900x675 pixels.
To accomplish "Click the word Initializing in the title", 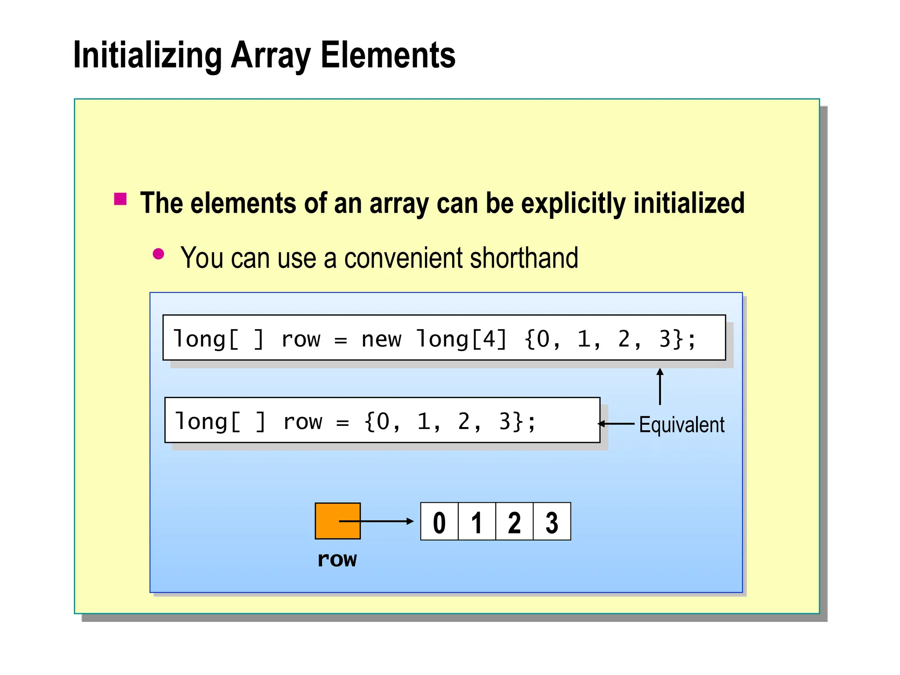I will click(x=147, y=56).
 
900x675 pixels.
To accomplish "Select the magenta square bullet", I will click(x=120, y=199).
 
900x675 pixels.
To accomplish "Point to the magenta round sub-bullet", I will click(x=158, y=254).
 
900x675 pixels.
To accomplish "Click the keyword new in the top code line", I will click(x=381, y=339).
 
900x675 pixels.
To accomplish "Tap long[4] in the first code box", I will click(x=461, y=339).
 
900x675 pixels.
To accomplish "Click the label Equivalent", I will click(x=681, y=425).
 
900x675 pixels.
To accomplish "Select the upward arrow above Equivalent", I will click(x=660, y=386).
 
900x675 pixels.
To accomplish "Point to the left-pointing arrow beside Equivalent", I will click(x=616, y=424).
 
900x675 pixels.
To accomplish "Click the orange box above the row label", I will click(x=337, y=521).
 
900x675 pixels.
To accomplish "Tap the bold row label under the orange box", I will click(x=337, y=559).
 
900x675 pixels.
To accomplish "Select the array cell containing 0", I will click(x=439, y=522).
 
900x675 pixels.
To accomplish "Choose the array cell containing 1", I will click(x=477, y=522).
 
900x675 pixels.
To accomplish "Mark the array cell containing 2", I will click(x=514, y=522).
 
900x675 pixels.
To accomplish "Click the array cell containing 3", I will click(x=552, y=522).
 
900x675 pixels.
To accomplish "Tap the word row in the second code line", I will click(x=303, y=422).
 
